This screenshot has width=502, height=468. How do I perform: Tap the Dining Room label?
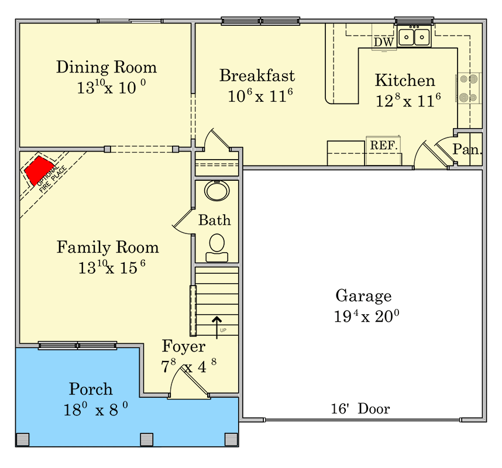pyautogui.click(x=106, y=67)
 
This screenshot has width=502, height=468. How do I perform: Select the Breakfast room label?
pyautogui.click(x=257, y=75)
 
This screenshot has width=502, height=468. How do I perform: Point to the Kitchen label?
pyautogui.click(x=405, y=81)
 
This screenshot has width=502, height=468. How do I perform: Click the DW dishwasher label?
pyautogui.click(x=383, y=42)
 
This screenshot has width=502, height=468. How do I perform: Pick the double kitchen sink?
pyautogui.click(x=414, y=37)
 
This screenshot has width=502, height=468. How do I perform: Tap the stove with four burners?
pyautogui.click(x=469, y=88)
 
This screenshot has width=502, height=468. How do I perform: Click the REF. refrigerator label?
pyautogui.click(x=384, y=144)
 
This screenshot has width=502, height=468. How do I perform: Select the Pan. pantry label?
pyautogui.click(x=467, y=150)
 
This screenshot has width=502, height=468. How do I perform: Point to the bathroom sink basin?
pyautogui.click(x=217, y=190)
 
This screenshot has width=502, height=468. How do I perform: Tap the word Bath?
pyautogui.click(x=215, y=221)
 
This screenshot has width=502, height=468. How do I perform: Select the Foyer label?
pyautogui.click(x=184, y=346)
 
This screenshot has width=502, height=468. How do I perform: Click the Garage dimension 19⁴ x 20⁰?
pyautogui.click(x=366, y=316)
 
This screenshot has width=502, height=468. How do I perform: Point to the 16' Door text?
pyautogui.click(x=360, y=409)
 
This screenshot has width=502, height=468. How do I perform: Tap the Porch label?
pyautogui.click(x=91, y=389)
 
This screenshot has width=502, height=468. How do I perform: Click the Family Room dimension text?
pyautogui.click(x=111, y=268)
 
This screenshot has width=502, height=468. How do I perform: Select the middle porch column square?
pyautogui.click(x=147, y=439)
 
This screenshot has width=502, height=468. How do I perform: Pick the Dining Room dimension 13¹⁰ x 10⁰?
pyautogui.click(x=111, y=88)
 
